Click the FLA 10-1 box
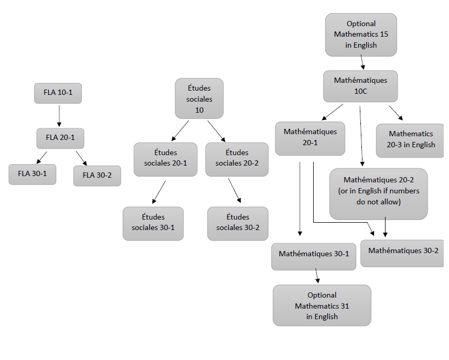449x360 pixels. coord(58,93)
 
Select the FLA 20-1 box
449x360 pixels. coord(60,138)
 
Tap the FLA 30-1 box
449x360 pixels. coord(32,174)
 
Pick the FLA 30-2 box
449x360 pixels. coord(97,175)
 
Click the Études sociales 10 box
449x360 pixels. coord(199,98)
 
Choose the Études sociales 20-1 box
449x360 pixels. coord(165,158)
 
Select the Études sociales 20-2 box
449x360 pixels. coord(237,158)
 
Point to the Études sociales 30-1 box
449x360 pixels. coord(153,223)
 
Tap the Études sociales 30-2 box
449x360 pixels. coord(238,223)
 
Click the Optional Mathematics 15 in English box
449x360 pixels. coord(361,35)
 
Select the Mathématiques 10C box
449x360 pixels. coord(360,86)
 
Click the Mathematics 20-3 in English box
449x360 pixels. coord(411,139)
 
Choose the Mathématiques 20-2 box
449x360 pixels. coord(378,193)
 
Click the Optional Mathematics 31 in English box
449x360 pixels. coord(322,306)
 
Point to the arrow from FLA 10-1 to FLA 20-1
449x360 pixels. coord(59,115)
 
